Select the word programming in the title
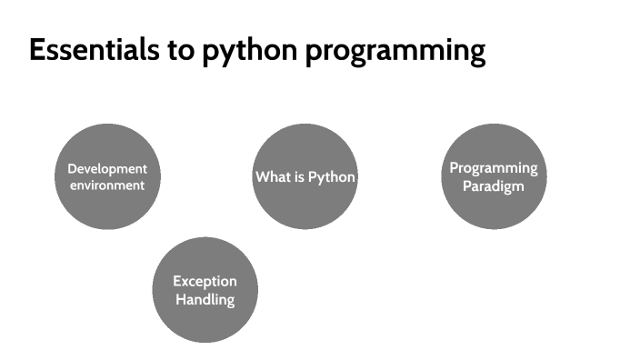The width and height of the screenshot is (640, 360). (x=395, y=53)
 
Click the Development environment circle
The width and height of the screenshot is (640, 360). (x=107, y=176)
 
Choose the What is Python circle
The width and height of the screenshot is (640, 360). (x=305, y=176)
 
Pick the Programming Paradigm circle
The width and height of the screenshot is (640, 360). (x=494, y=176)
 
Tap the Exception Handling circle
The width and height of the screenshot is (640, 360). (x=205, y=290)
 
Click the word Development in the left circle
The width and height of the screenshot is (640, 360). (x=107, y=169)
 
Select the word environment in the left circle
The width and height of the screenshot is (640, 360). (x=107, y=185)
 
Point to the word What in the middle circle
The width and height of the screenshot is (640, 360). (x=272, y=176)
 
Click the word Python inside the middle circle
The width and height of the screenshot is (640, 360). (x=331, y=177)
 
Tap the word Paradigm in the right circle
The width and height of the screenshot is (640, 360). (x=494, y=185)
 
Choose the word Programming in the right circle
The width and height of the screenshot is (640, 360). (x=494, y=169)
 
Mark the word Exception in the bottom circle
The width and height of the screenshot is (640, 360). (x=205, y=282)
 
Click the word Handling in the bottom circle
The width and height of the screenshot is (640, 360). (x=205, y=299)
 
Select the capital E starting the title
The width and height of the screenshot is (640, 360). (x=37, y=51)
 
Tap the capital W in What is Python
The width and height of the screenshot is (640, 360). (x=262, y=176)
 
